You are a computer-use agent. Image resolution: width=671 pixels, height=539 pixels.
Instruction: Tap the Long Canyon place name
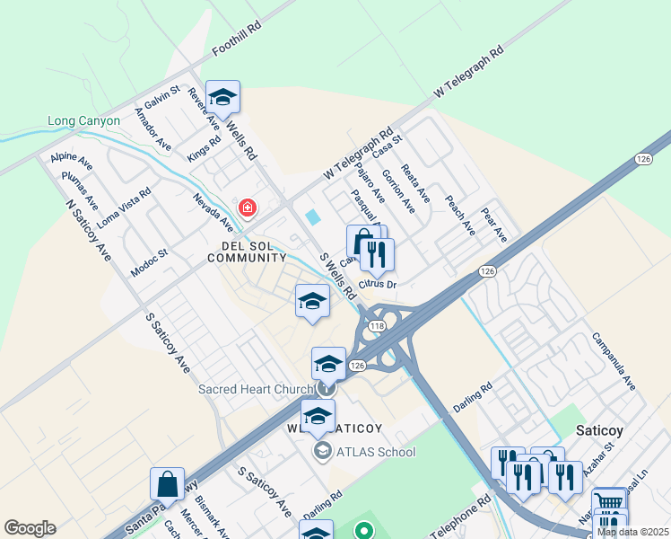83,121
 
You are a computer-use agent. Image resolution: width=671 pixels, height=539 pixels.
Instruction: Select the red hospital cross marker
248,208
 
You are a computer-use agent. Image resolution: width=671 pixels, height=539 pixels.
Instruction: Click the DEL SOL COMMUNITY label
247,251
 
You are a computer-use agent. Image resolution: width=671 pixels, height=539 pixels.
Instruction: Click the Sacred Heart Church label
256,389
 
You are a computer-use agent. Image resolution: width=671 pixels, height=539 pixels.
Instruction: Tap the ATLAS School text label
374,451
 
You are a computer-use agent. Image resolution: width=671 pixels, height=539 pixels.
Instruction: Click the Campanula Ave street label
613,361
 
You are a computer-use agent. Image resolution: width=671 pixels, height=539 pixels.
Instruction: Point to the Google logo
30,528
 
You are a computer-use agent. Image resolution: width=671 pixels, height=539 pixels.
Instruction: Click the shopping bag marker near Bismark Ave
168,483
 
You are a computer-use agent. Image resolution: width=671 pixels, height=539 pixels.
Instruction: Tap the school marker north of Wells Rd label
222,97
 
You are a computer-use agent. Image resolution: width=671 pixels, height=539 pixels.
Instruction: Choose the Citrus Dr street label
377,285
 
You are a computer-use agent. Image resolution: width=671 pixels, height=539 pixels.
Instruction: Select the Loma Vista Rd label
125,207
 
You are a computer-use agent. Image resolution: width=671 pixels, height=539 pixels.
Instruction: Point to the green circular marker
363,531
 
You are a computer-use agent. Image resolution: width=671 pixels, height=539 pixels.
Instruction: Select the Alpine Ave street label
72,162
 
